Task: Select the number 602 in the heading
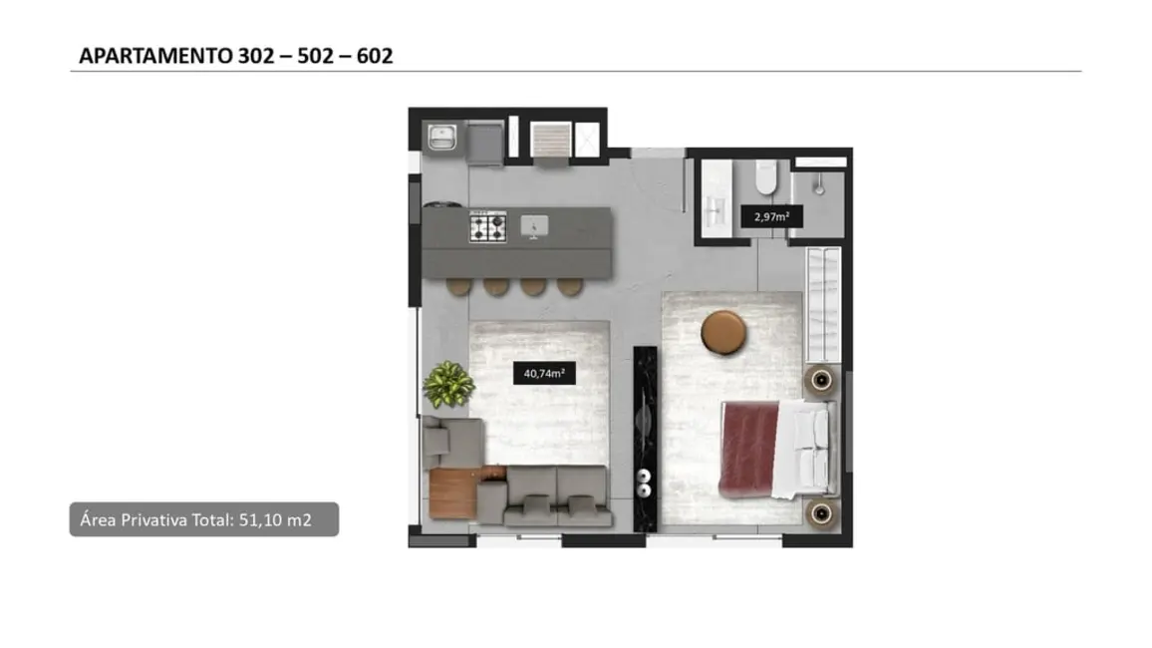click(372, 56)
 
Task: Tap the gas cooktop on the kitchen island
click(488, 227)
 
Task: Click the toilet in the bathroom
click(765, 177)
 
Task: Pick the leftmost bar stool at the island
click(459, 286)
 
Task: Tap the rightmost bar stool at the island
click(568, 286)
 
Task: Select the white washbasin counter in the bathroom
click(716, 204)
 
